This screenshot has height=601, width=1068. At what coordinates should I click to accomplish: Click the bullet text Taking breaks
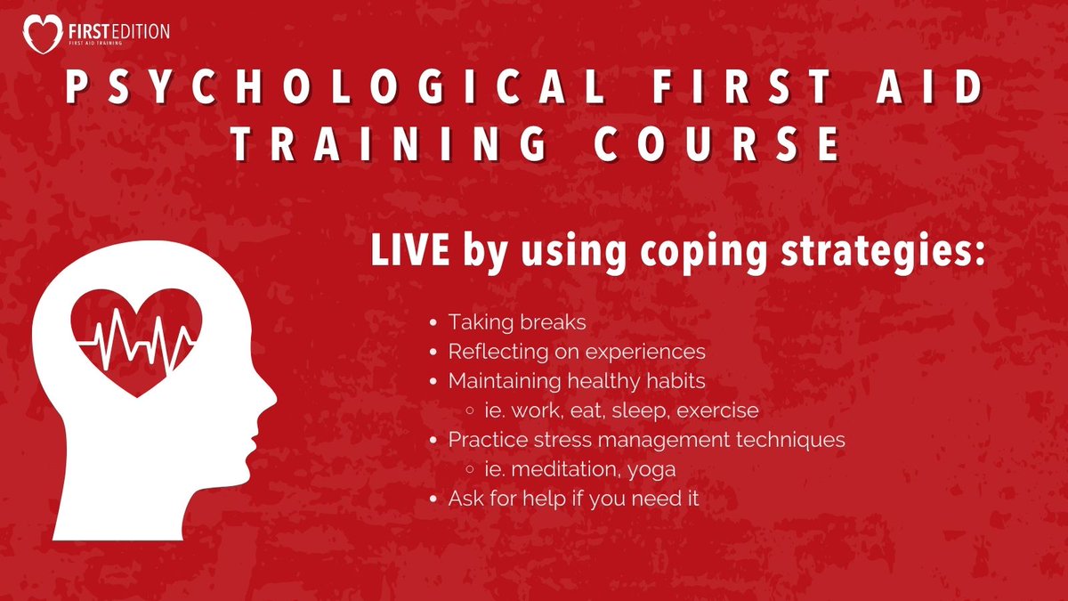tap(505, 322)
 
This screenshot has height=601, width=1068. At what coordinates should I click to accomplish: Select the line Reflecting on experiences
tap(577, 352)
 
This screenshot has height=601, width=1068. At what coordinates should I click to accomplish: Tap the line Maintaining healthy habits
tap(577, 381)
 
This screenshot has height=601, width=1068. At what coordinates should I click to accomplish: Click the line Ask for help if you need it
tap(573, 499)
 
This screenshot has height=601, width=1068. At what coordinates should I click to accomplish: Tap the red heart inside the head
tap(137, 339)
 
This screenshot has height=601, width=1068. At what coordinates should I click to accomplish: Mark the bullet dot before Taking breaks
tap(433, 322)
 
